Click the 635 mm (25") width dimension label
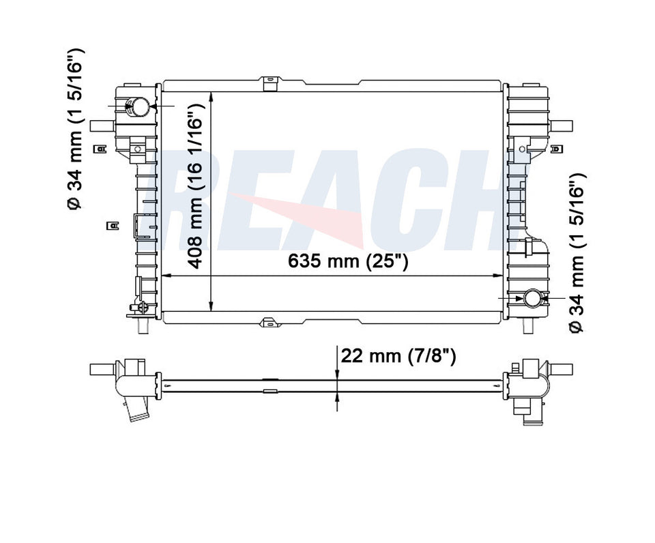(347, 261)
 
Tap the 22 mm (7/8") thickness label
(398, 356)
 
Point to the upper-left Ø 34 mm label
(76, 129)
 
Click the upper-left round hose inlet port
(139, 106)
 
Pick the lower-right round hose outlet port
(533, 298)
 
